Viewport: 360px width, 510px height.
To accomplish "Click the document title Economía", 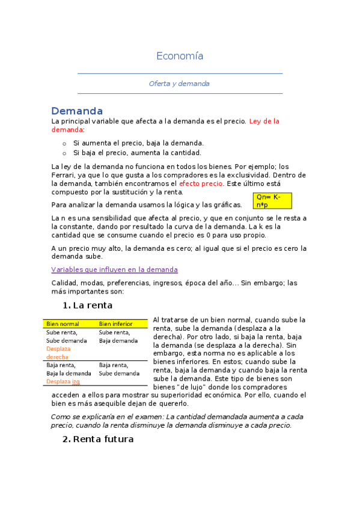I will (180, 56).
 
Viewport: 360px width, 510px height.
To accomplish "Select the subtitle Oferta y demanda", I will (179, 84).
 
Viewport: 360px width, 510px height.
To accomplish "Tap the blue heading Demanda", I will (77, 111).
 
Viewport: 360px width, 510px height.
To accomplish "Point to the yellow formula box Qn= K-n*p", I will (272, 201).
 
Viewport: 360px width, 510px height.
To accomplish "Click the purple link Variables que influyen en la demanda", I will (114, 269).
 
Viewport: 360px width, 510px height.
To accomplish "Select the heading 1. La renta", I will (87, 305).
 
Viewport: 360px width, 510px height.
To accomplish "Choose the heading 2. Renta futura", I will (97, 439).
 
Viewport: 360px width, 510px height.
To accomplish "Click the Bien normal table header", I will (63, 324).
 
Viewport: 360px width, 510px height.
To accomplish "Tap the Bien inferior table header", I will (115, 324).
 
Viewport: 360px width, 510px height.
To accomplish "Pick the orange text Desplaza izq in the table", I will (63, 381).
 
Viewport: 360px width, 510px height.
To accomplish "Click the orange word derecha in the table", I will (58, 357).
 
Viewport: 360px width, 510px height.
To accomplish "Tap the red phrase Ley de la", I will (264, 121).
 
